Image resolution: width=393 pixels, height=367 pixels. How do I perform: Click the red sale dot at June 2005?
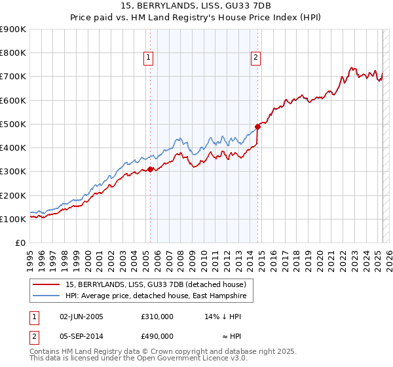[150, 169]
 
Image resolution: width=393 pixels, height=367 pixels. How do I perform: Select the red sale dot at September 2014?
[257, 126]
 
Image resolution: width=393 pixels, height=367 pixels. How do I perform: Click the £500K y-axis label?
[13, 125]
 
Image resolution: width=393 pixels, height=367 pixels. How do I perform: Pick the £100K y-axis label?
[13, 220]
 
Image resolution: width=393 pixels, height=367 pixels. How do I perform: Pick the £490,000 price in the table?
[157, 336]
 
